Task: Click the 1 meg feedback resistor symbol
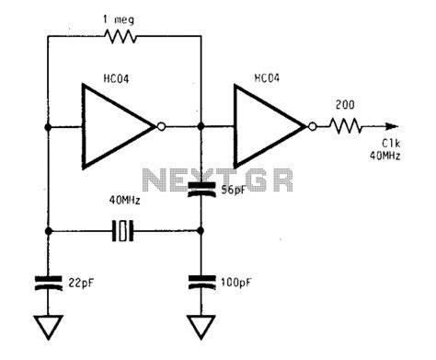tap(120, 37)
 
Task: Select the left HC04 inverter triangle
tap(115, 127)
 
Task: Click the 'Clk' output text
tap(390, 144)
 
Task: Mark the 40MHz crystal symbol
tap(123, 232)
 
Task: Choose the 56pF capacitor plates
tap(200, 192)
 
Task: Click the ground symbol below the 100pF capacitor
tap(200, 327)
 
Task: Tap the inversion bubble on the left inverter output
tap(163, 128)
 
